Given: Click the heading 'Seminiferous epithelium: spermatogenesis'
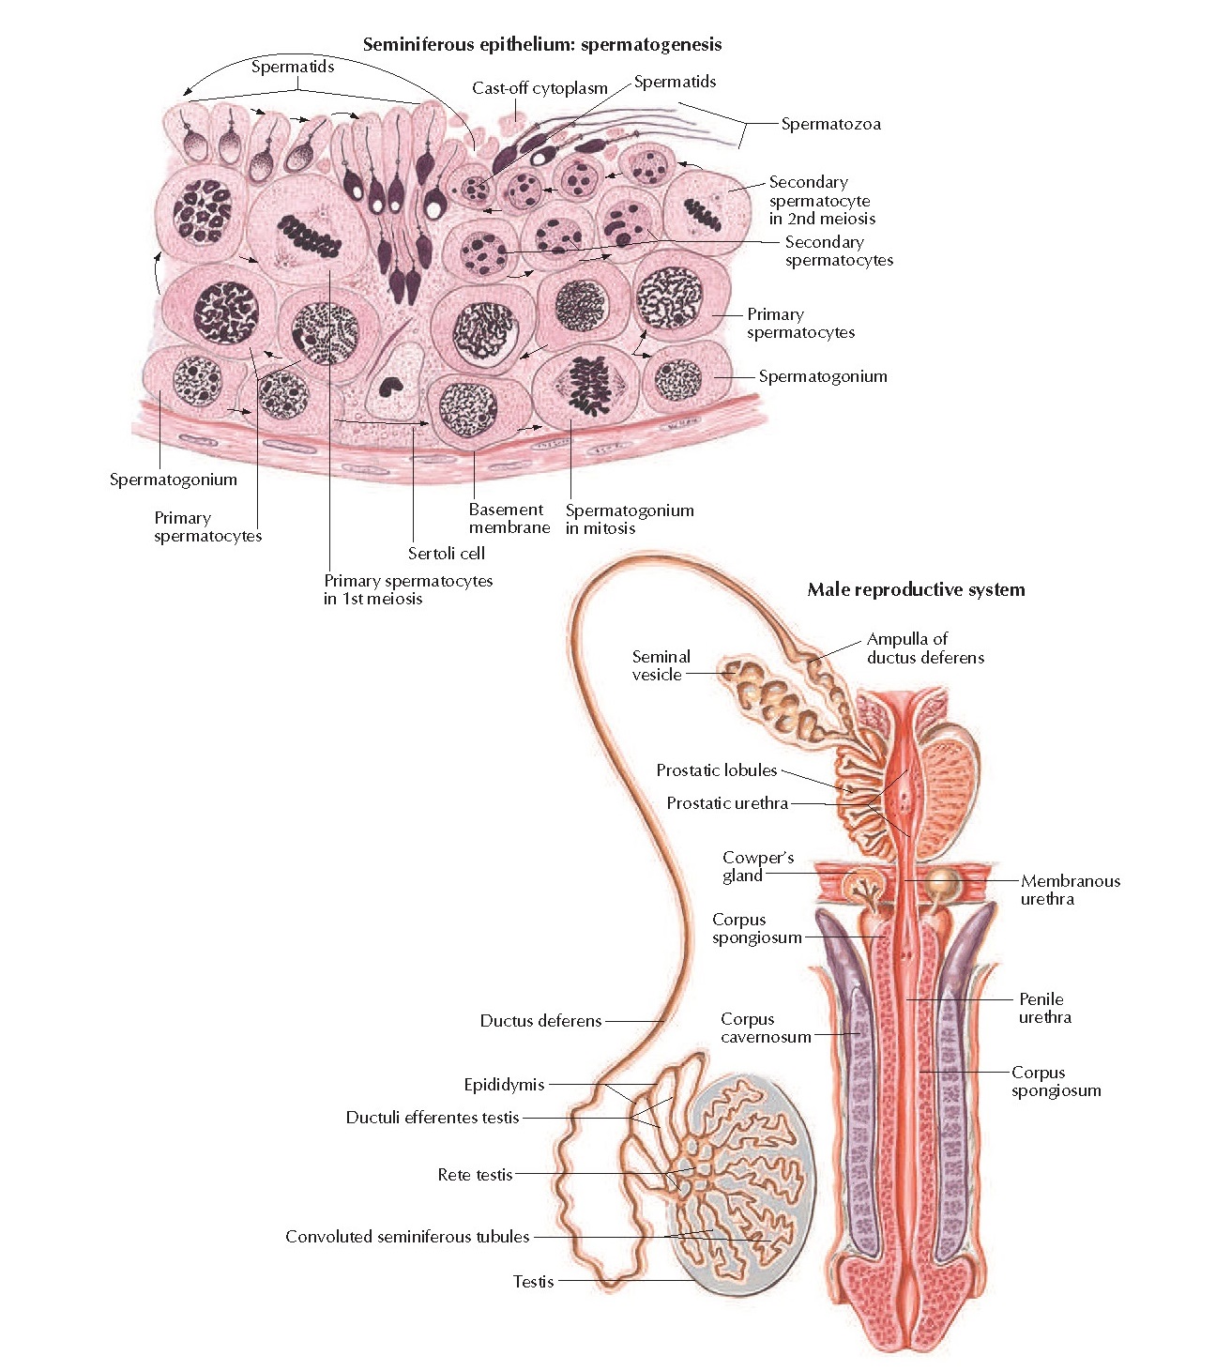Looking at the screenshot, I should coord(541,44).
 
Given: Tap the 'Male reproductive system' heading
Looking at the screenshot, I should coord(916,589).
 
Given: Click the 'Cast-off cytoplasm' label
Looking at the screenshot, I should coord(540,88).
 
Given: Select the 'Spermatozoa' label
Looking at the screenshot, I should coord(830,124).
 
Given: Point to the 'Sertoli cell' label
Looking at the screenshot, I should coord(446,554).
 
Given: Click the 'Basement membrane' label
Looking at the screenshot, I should coord(509,519).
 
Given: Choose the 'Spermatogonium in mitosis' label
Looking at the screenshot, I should coord(629,519).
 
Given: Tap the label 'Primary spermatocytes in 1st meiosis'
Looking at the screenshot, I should coord(407,589).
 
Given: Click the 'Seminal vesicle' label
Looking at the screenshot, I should coord(661,665).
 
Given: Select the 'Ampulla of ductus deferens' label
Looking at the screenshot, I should coord(924,648).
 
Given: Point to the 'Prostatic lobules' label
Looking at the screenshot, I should coord(716,770).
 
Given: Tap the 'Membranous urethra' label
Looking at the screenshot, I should coord(1070,890).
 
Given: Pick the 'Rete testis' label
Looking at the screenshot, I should coord(475,1174).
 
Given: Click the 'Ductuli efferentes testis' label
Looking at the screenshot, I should coord(432,1117).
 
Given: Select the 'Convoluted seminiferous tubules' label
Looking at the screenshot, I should coord(407,1237).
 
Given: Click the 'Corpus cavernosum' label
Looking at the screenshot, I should coord(765,1028).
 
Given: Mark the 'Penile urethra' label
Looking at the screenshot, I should coord(1043,1008).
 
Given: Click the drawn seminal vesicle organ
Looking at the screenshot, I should coord(774,699).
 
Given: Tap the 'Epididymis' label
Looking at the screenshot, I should coord(504,1085).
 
